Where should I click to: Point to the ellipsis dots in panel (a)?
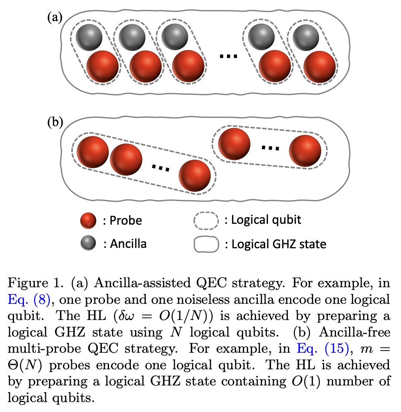228,56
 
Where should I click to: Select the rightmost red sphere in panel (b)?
305,150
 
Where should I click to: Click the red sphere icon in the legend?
88,221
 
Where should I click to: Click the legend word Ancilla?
128,244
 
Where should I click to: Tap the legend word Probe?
126,221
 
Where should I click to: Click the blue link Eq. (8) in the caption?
27,299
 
